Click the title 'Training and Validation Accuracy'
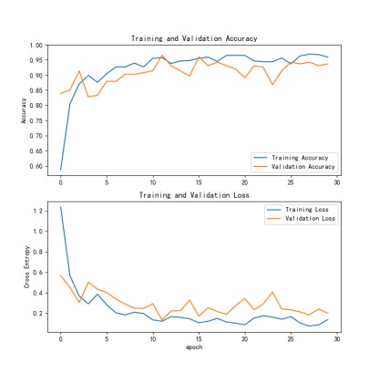194,38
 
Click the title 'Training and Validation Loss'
194,195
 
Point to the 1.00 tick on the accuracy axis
36,46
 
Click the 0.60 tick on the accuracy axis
36,166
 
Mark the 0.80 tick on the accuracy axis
36,106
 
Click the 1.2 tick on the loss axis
38,211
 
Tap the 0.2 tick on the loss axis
38,313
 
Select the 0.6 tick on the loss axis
38,272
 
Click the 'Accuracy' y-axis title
24,110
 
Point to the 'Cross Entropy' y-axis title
27,267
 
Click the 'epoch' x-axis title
194,347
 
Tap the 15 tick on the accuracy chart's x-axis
199,182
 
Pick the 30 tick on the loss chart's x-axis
337,339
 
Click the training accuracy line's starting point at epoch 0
61,170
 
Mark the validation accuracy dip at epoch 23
272,85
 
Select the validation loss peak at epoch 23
272,292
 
